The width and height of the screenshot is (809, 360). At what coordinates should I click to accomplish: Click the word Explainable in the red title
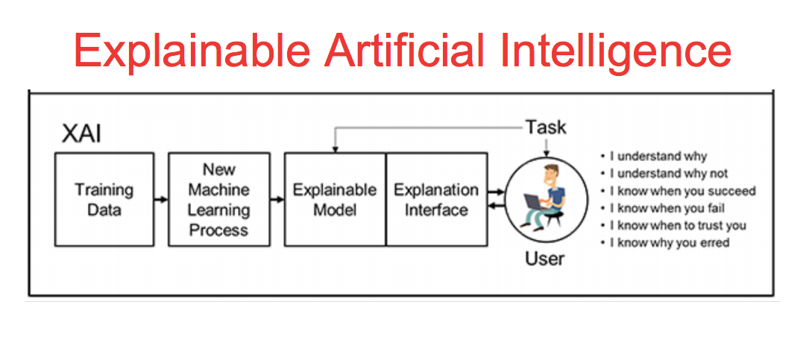[192, 49]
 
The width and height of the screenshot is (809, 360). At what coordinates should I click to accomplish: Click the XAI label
[81, 134]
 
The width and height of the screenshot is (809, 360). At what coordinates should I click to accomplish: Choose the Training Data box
[104, 199]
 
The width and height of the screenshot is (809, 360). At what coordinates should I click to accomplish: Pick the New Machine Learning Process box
[218, 199]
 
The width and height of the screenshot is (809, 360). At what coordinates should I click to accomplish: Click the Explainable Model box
[335, 199]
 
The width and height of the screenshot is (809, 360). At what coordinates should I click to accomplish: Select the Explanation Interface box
[436, 199]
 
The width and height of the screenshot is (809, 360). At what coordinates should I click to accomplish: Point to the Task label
[546, 127]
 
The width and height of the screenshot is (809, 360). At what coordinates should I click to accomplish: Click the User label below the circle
[545, 259]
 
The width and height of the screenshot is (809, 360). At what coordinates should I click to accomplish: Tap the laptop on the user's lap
[537, 203]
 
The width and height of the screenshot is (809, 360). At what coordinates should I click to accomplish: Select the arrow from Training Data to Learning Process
[161, 200]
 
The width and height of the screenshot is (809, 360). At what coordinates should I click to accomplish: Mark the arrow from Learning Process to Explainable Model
[277, 200]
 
